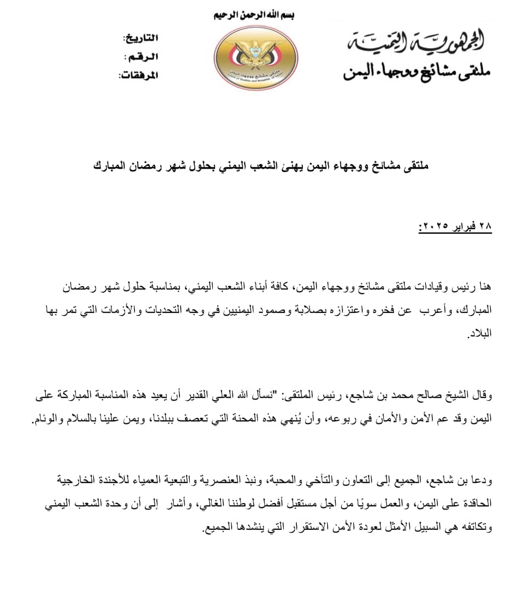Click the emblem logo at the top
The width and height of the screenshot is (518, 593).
[x=255, y=57]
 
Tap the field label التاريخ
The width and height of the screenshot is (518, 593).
[x=142, y=38]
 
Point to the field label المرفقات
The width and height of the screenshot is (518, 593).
[x=138, y=75]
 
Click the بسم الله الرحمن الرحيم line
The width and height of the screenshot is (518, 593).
[x=254, y=15]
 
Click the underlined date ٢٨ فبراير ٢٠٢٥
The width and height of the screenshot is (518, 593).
[x=455, y=226]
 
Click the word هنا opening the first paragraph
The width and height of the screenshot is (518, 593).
[x=483, y=286]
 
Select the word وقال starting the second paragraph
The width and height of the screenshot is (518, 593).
[x=481, y=394]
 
